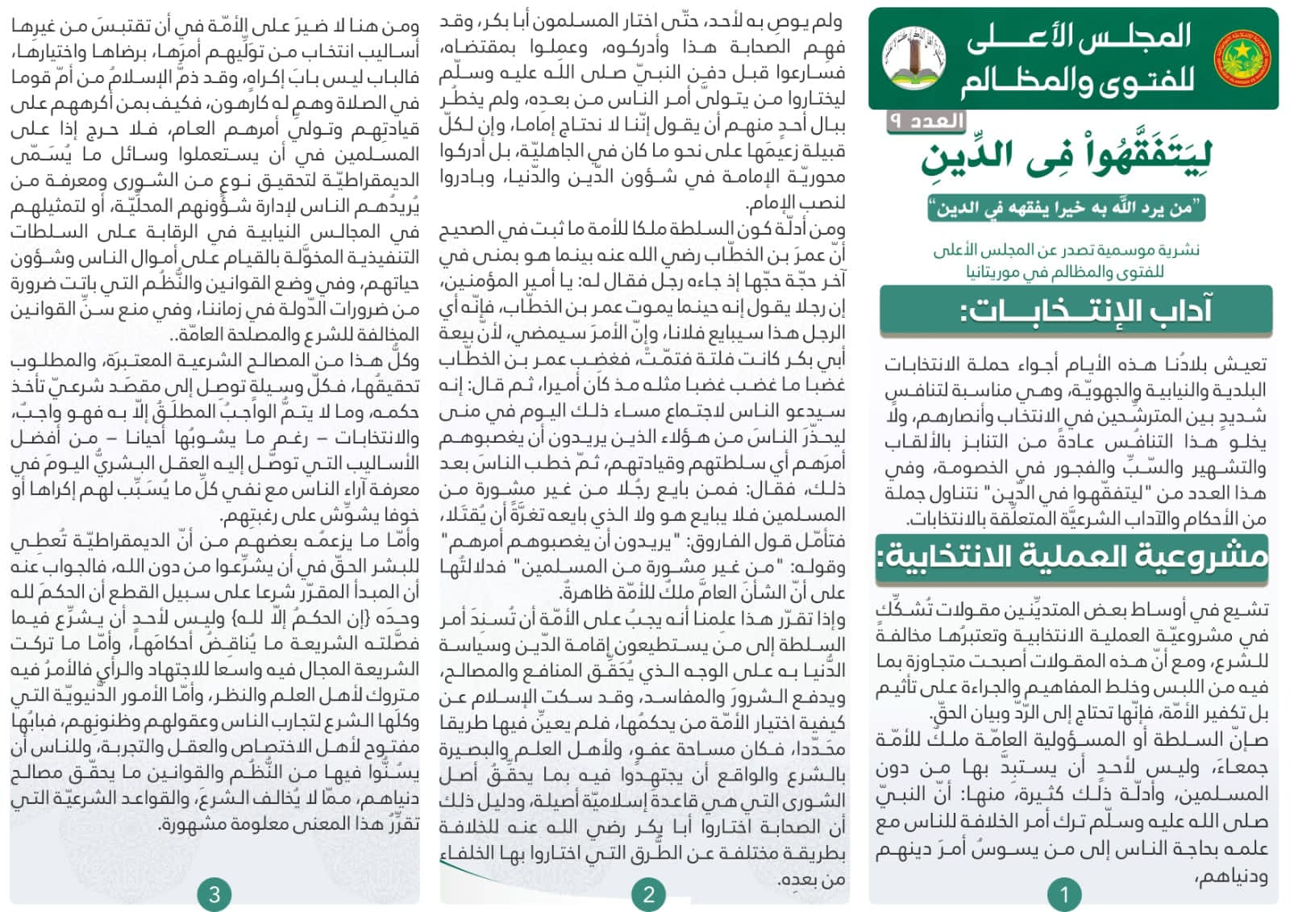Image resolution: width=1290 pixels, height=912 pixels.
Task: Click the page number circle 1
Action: point(1063,893)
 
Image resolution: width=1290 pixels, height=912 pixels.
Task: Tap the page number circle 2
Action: point(648,893)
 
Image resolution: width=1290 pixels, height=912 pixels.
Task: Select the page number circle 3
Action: point(214,893)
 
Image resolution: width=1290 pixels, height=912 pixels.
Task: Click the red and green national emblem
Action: point(1240,58)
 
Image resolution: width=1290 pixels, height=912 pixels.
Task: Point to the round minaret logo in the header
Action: point(913,57)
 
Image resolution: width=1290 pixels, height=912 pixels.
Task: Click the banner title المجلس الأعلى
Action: point(1079,37)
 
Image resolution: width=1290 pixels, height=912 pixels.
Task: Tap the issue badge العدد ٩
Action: point(926,121)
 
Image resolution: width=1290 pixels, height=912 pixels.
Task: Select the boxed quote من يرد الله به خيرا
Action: point(1066,208)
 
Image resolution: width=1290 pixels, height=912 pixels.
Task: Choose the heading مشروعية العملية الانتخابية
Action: point(1072,556)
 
